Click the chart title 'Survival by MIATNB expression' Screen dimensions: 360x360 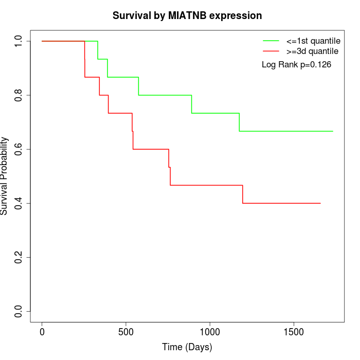click(x=187, y=15)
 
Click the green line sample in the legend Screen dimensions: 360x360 click(x=271, y=41)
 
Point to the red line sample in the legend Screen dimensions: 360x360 click(x=271, y=51)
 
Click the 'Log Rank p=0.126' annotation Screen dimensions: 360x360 click(x=296, y=65)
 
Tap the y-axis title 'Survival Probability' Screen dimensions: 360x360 click(x=5, y=176)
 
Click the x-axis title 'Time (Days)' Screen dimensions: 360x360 click(x=187, y=347)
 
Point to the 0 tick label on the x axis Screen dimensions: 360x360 click(x=42, y=331)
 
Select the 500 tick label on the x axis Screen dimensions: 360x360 click(x=126, y=331)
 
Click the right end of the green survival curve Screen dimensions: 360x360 click(x=333, y=131)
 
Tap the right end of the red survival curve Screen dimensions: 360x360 click(x=320, y=203)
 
